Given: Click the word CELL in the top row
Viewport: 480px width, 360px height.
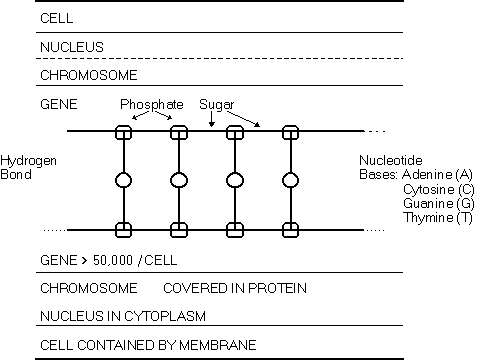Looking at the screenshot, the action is tap(55, 18).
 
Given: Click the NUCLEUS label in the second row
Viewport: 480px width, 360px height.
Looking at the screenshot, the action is tap(71, 46).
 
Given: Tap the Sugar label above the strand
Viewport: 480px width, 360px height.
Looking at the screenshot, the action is tap(217, 104).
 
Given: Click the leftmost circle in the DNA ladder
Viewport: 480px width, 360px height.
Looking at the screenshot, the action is tap(124, 181).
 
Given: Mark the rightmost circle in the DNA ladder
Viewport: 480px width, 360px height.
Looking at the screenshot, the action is tap(291, 181).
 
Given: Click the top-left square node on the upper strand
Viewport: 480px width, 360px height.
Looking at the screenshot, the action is tap(124, 132).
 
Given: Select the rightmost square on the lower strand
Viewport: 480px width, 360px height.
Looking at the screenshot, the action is tap(291, 230).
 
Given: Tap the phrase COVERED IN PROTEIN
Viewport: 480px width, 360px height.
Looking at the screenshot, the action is tap(234, 288).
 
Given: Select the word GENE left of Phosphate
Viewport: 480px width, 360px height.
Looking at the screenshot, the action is tap(58, 104).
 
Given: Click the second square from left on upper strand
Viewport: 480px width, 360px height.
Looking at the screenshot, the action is tap(180, 132).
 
